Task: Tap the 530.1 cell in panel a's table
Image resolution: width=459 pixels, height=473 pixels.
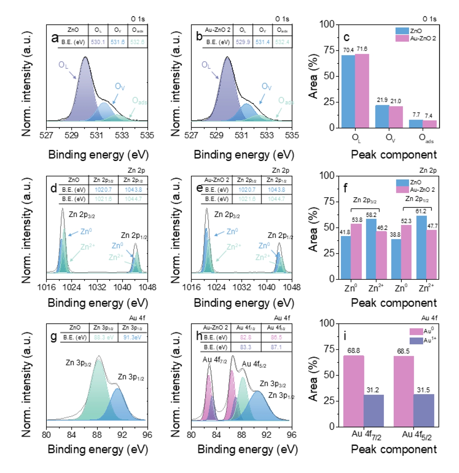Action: pyautogui.click(x=98, y=42)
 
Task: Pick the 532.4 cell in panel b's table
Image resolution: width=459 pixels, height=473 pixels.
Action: pyautogui.click(x=282, y=42)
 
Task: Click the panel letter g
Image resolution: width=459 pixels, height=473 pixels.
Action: pyautogui.click(x=54, y=336)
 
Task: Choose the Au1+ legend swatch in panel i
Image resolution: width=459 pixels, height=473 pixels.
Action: pyautogui.click(x=416, y=341)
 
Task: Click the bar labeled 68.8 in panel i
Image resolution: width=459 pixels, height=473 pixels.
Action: pyautogui.click(x=354, y=391)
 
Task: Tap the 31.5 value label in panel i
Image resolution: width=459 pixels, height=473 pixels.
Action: pyautogui.click(x=424, y=390)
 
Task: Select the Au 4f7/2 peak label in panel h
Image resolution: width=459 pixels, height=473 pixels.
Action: pyautogui.click(x=215, y=360)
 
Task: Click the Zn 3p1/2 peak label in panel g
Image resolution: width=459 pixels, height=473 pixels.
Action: pyautogui.click(x=131, y=377)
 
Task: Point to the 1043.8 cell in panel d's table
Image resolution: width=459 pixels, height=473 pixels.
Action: pyautogui.click(x=133, y=190)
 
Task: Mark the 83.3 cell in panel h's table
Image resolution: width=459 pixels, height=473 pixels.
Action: pyautogui.click(x=246, y=347)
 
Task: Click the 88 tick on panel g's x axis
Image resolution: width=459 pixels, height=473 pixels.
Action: pyautogui.click(x=97, y=435)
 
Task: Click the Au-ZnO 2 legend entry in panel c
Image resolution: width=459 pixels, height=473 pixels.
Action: pyautogui.click(x=423, y=38)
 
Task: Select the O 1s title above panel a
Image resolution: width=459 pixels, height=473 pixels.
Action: pyautogui.click(x=138, y=19)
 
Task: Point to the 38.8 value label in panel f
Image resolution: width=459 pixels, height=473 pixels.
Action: pyautogui.click(x=395, y=234)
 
